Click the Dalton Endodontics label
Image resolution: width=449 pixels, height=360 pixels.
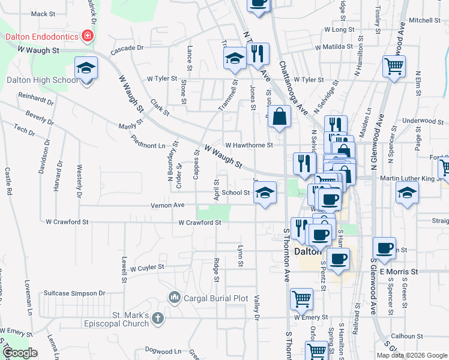tap(42, 37)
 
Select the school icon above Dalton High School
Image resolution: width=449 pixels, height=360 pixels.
tap(86, 68)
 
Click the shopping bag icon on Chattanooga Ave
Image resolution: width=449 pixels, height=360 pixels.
tap(280, 116)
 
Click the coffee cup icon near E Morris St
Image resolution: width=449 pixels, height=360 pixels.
tap(384, 247)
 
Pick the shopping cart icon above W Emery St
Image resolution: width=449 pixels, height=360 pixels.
tap(301, 298)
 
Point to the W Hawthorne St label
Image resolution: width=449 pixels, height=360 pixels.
tap(249, 145)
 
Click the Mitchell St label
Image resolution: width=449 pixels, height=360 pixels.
tap(425, 20)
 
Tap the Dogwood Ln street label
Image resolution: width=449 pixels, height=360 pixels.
tap(162, 351)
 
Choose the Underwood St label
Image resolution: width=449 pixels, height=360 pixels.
tap(423, 121)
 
